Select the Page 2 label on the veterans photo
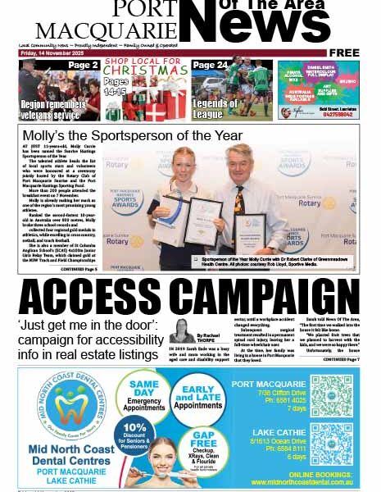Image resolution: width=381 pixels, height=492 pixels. [83, 66]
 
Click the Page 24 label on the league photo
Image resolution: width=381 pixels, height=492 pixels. [211, 66]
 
